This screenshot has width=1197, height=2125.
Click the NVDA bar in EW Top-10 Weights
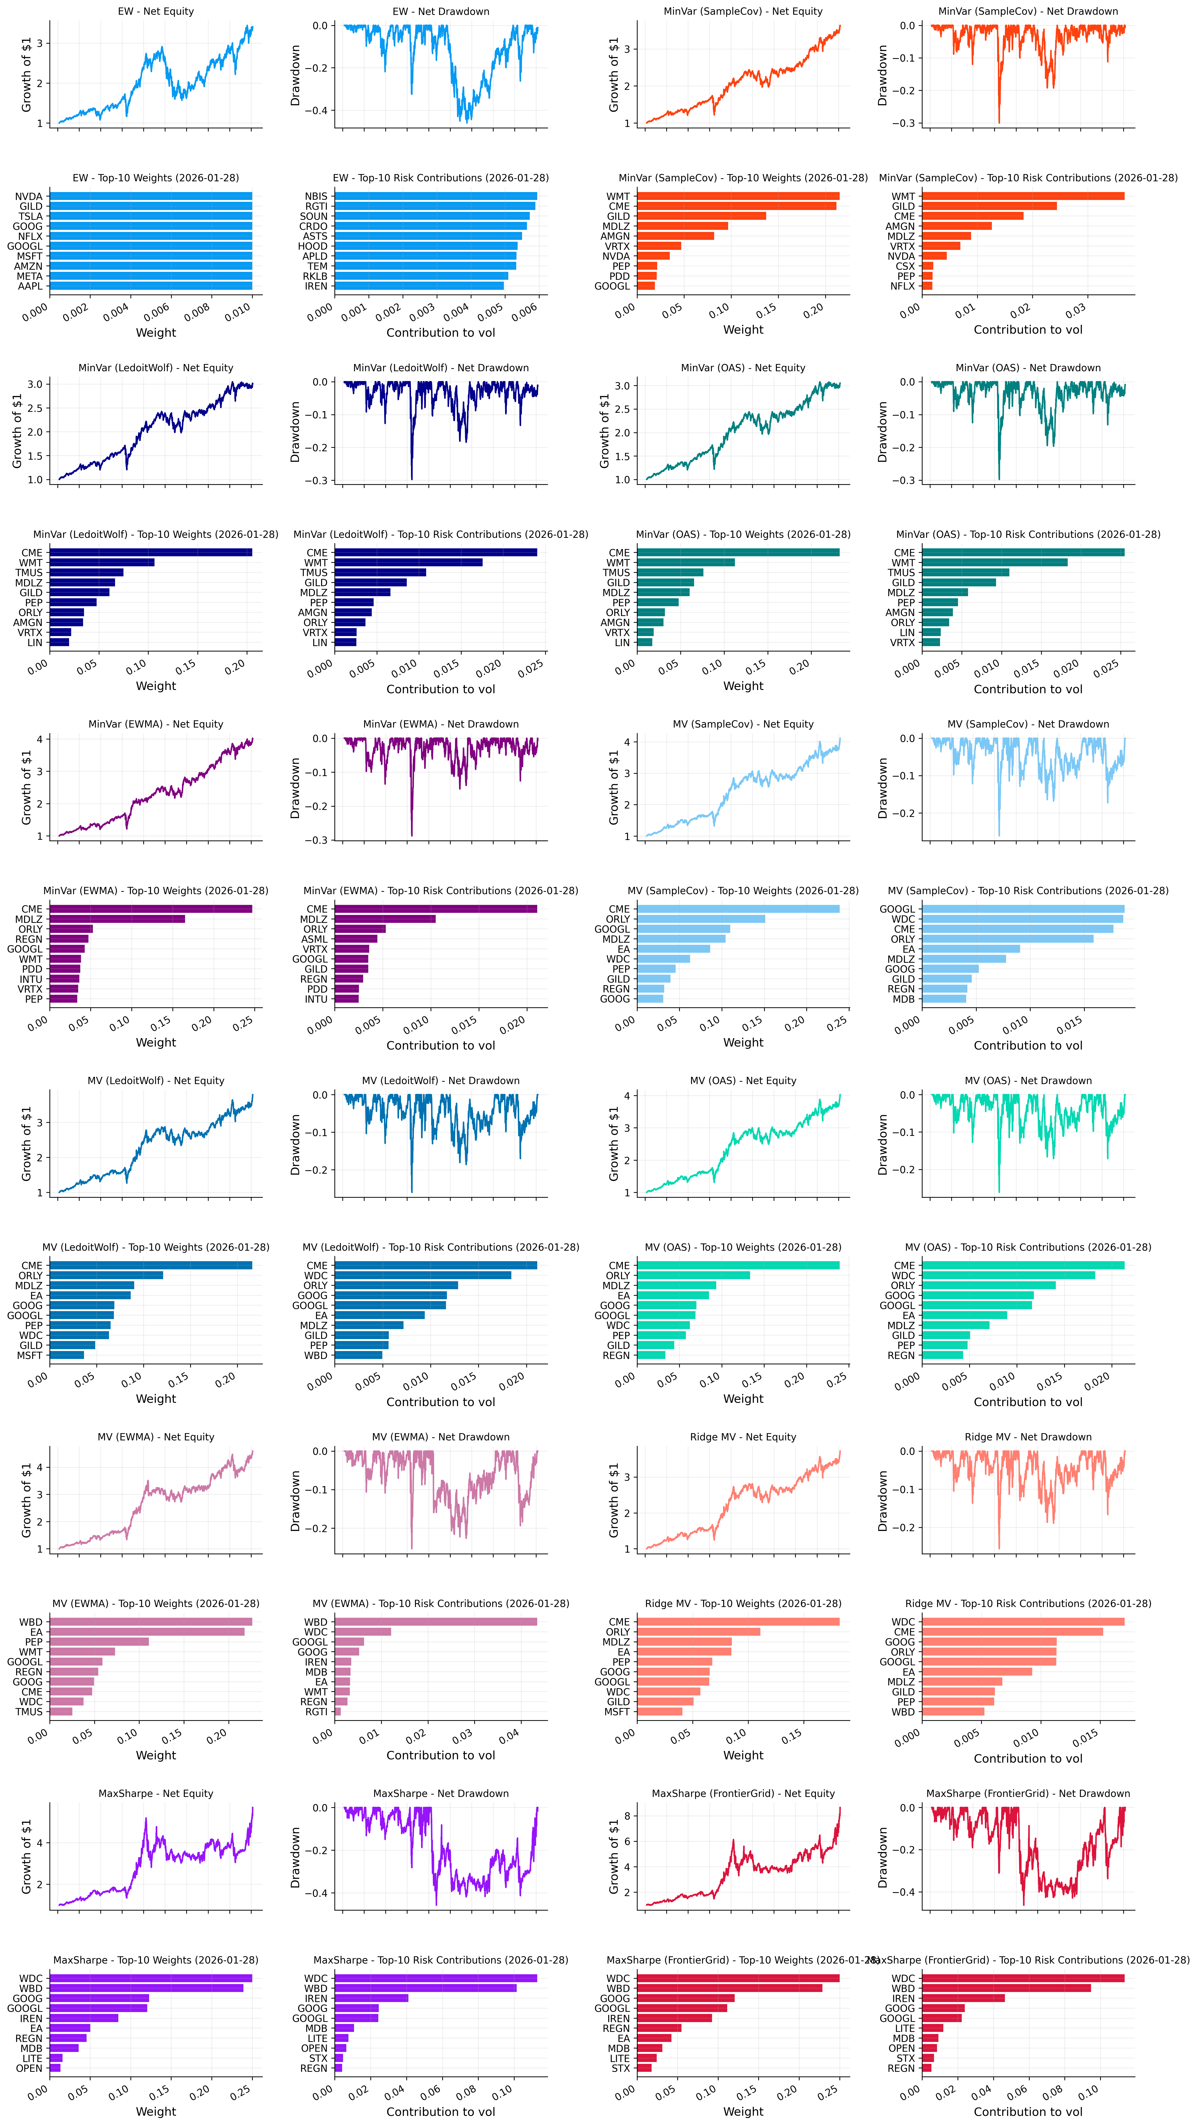(x=151, y=196)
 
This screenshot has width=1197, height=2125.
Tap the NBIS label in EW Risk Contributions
(x=316, y=196)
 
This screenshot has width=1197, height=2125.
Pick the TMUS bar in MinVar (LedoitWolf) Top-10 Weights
(x=87, y=573)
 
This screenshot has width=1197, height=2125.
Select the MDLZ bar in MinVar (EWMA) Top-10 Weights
(x=117, y=919)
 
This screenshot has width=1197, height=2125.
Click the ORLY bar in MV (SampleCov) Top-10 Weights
(x=701, y=919)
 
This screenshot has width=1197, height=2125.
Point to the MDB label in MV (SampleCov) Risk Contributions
(x=903, y=999)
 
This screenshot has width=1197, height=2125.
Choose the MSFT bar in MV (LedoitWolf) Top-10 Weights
(x=67, y=1355)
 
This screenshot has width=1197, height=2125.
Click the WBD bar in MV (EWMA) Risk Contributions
(x=435, y=1622)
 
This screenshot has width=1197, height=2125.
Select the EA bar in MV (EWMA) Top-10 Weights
(x=147, y=1632)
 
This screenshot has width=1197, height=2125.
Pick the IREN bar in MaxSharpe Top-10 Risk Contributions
(x=371, y=1998)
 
